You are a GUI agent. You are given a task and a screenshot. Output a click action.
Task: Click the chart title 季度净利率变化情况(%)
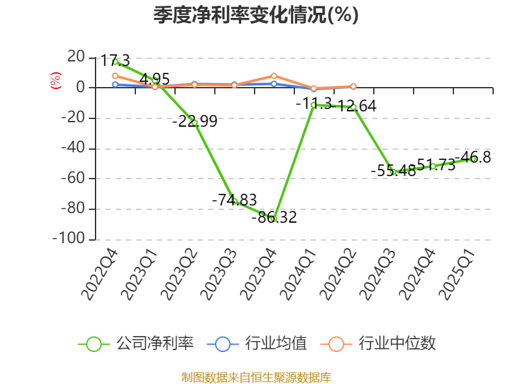(x=256, y=15)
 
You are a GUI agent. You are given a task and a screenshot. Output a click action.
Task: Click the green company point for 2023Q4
(x=274, y=219)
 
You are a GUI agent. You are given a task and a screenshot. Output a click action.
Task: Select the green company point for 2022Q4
(x=115, y=62)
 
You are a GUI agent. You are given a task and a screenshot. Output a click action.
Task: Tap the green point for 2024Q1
(x=314, y=105)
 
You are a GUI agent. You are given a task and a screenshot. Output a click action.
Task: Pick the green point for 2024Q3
(x=393, y=172)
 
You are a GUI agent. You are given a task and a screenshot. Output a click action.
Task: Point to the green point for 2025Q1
(x=473, y=159)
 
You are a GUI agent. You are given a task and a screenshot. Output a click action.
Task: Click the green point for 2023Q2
(x=194, y=122)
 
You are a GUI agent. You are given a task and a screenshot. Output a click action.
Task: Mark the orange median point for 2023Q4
(x=274, y=76)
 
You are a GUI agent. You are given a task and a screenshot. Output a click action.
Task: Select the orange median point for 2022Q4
(x=115, y=76)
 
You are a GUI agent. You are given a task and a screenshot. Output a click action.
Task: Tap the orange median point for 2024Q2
(x=353, y=86)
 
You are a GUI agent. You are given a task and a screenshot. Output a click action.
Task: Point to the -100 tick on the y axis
(x=70, y=239)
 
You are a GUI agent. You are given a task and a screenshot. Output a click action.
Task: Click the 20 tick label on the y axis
(x=76, y=58)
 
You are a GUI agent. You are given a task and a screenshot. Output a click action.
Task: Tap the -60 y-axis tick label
(x=72, y=179)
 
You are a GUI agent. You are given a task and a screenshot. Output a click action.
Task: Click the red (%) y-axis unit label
(x=56, y=81)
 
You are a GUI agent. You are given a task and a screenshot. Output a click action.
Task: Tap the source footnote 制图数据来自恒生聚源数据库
(x=256, y=377)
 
